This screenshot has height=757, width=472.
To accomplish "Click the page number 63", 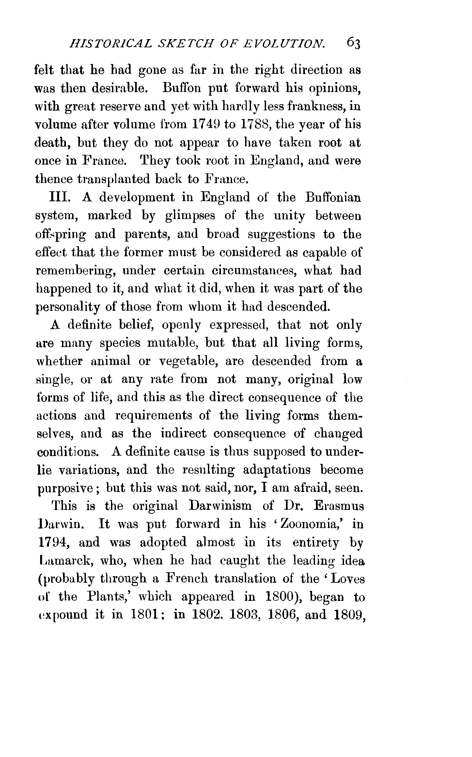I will (x=353, y=43).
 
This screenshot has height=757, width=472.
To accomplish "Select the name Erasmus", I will (x=338, y=506).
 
